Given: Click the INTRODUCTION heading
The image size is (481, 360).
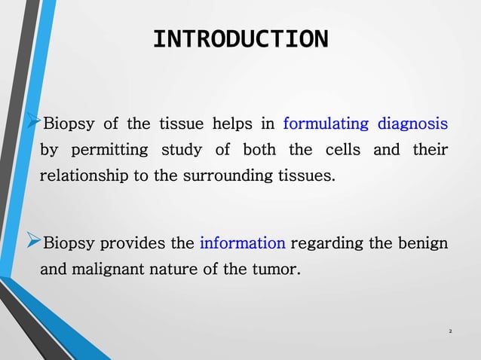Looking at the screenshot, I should [240, 39].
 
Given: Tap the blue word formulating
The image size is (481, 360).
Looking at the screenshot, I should [325, 124].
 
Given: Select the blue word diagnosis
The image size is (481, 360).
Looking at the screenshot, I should [412, 124].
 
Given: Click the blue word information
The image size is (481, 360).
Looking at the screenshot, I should [242, 243].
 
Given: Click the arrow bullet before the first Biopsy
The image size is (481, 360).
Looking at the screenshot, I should [32, 123].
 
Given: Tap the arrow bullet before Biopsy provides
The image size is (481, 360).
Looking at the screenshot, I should [32, 243].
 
